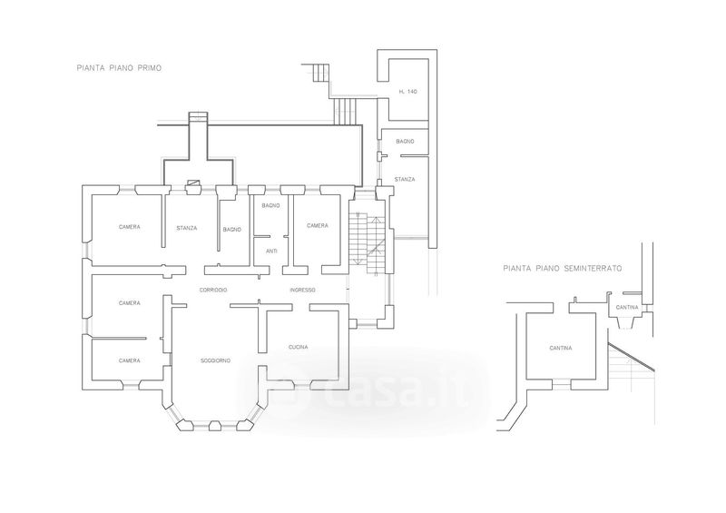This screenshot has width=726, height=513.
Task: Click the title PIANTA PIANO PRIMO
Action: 119,68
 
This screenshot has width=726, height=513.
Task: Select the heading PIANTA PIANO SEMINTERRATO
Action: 563,269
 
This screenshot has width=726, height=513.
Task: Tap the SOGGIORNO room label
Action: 215,360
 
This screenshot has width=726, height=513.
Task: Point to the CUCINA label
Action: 299,347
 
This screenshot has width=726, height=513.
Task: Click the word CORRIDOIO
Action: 213,291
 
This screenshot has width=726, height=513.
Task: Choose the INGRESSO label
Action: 302,291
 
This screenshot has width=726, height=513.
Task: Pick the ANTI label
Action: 271,252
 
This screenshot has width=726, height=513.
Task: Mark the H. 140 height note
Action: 407,92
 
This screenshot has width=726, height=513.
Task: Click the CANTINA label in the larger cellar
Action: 561,348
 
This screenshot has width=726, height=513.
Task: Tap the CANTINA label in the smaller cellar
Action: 627,308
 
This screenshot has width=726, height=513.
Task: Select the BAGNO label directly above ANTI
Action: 270,206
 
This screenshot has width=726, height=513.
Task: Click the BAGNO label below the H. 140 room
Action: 405,142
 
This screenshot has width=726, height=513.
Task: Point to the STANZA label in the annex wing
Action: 405,180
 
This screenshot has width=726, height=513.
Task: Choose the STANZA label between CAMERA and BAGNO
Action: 187,228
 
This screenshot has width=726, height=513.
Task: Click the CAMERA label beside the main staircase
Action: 318,226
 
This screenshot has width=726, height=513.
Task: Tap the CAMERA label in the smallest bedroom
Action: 129,360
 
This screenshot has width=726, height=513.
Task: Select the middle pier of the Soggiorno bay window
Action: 215,426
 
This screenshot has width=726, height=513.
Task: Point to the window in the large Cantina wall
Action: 561,385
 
